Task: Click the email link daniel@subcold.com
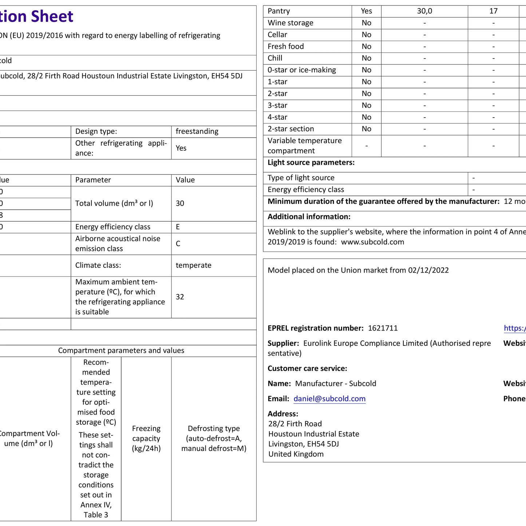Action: [329, 399]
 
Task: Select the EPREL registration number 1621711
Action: [383, 328]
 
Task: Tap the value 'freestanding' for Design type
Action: [197, 131]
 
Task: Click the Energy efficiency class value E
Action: [178, 227]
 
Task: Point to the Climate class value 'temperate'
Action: [193, 265]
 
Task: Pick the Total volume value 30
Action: [180, 203]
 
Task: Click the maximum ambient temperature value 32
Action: [180, 297]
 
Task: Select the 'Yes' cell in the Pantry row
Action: [366, 11]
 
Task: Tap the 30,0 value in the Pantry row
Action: [424, 11]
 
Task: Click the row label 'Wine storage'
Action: [290, 23]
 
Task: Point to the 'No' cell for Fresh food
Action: [366, 46]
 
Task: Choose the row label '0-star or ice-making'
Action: [302, 70]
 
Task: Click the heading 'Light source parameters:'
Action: [311, 162]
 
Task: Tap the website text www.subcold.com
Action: [372, 242]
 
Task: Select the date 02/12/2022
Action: [428, 270]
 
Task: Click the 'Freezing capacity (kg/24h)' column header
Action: [146, 438]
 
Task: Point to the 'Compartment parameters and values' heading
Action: [121, 351]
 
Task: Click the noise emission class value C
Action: [178, 244]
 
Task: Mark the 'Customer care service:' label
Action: [307, 368]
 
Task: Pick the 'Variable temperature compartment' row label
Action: [305, 146]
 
